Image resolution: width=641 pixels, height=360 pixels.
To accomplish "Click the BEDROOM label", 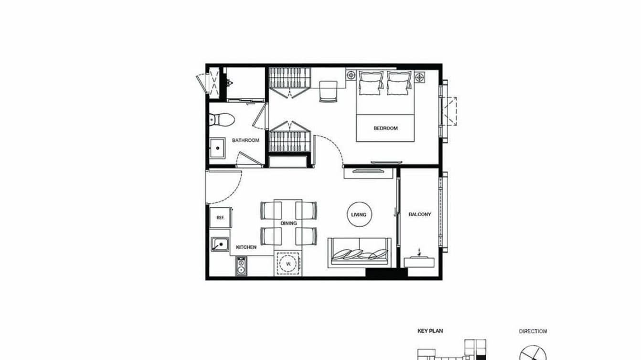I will (x=385, y=128).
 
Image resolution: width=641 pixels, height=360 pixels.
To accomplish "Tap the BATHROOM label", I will (x=246, y=140).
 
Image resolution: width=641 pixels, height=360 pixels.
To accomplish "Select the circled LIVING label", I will (x=359, y=215).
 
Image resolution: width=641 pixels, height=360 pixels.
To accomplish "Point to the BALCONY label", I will (x=419, y=215).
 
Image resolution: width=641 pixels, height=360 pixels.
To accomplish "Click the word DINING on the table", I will (x=288, y=223).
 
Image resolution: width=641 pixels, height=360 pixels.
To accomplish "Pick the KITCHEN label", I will (x=246, y=247).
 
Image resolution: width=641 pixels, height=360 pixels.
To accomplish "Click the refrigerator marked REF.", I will (x=220, y=218).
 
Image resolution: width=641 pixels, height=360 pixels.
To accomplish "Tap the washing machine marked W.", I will (x=288, y=263).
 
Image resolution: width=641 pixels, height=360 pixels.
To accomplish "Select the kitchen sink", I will (x=220, y=244).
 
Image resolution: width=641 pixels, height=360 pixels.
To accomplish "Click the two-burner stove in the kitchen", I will (x=241, y=266).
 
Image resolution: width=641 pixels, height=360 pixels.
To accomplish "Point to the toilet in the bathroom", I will (x=221, y=119).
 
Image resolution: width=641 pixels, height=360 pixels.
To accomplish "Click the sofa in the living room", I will (x=359, y=252).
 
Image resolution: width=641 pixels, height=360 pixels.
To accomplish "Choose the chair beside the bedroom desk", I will (x=328, y=91).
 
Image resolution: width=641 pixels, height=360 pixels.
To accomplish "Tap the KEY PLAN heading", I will (x=430, y=331).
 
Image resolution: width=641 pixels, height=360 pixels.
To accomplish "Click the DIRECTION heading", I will (x=533, y=331).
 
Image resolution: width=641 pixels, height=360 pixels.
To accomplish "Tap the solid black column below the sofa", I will (x=386, y=273).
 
